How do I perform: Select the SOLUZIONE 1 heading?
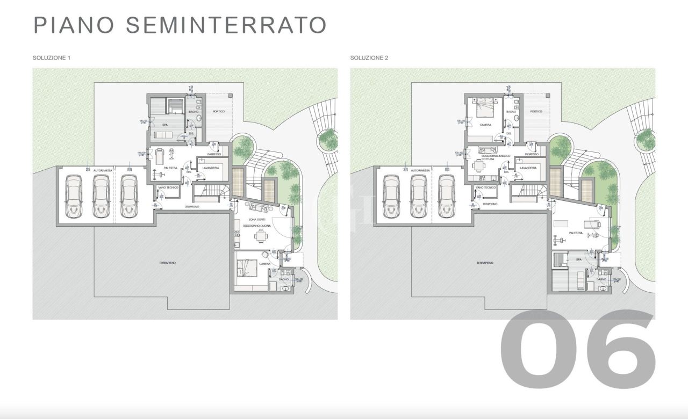tap(52, 57)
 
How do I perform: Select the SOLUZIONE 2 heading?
tap(369, 57)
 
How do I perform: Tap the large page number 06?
tap(578, 349)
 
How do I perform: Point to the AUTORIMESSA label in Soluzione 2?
tap(420, 170)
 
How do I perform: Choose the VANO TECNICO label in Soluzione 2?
tap(486, 187)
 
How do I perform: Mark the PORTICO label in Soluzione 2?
tap(536, 111)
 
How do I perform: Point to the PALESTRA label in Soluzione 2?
tap(575, 233)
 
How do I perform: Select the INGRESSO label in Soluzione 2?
tap(532, 154)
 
